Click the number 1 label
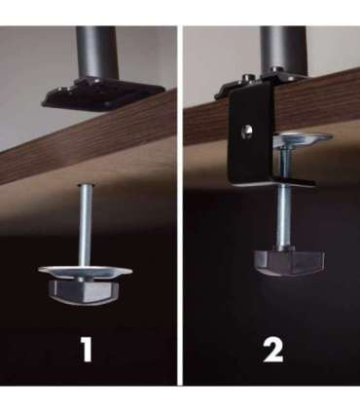[87, 350]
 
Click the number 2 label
[272, 350]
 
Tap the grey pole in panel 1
[97, 53]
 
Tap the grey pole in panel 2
[283, 50]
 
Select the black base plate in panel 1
[103, 94]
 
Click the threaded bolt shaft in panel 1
[86, 226]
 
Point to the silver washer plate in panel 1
[86, 272]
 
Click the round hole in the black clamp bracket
[247, 132]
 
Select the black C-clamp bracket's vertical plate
[250, 136]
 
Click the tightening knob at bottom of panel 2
[289, 262]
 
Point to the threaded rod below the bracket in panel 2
[284, 218]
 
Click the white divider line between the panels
[180, 206]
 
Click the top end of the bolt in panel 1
[86, 185]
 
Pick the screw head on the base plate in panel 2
[248, 78]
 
